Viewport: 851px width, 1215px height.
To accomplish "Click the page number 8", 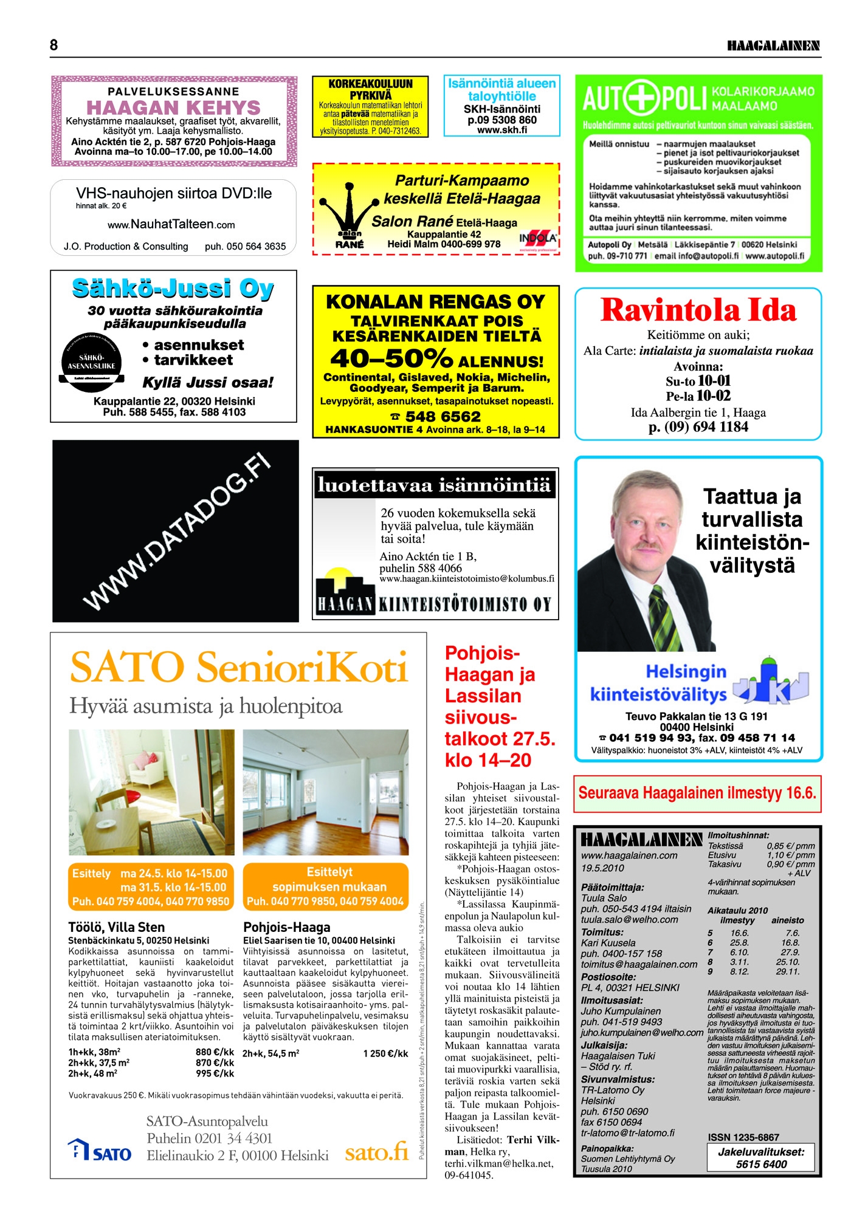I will [x=53, y=45].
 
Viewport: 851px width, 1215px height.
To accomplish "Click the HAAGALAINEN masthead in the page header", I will [x=773, y=46].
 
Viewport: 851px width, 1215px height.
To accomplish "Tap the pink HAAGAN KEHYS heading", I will [x=173, y=108].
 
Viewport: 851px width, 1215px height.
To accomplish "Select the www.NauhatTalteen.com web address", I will [x=171, y=224].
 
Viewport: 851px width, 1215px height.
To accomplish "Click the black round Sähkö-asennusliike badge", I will [x=92, y=362].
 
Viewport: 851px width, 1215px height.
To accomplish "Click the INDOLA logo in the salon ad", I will [x=538, y=239].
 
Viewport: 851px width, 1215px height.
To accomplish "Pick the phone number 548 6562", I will [x=443, y=417].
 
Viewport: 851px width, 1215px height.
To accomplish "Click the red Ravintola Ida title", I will [x=698, y=310].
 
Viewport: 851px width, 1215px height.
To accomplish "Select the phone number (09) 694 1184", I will [x=698, y=426].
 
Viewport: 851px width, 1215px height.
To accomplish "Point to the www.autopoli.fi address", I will [x=774, y=256].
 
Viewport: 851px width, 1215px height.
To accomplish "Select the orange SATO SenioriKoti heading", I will [x=238, y=667].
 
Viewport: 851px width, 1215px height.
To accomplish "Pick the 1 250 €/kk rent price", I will [x=385, y=1053].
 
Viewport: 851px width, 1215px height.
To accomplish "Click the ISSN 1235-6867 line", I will [x=743, y=1137].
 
